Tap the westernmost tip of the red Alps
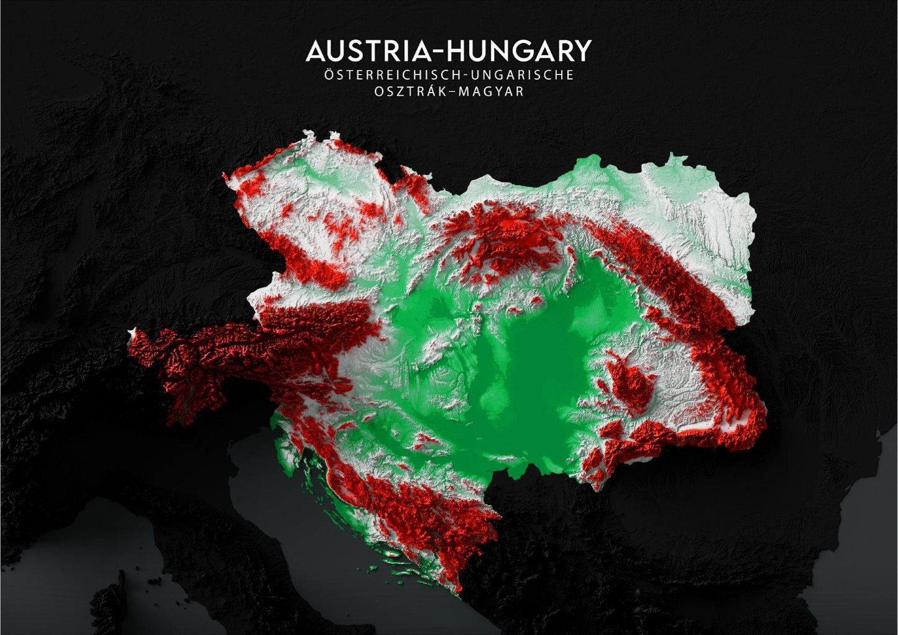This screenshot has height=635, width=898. tap(130, 339)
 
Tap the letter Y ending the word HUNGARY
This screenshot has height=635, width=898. tap(582, 52)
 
